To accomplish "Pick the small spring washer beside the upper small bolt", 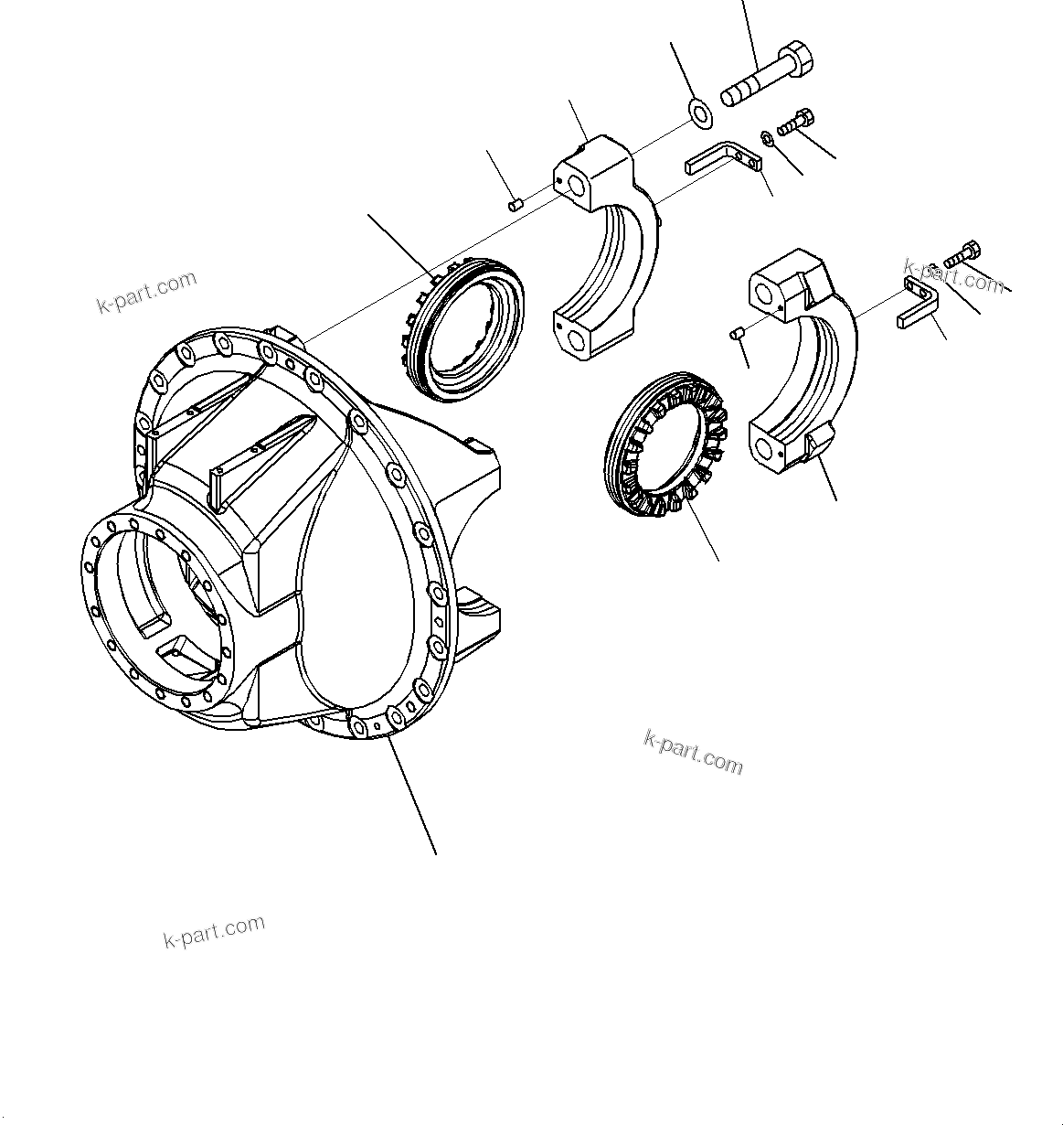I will tap(767, 138).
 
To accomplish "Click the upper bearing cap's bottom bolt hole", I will tap(578, 341).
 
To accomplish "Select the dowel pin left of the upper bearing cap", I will tap(516, 202).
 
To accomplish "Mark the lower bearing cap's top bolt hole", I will tap(764, 292).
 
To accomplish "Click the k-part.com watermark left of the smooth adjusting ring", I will tap(146, 292).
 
